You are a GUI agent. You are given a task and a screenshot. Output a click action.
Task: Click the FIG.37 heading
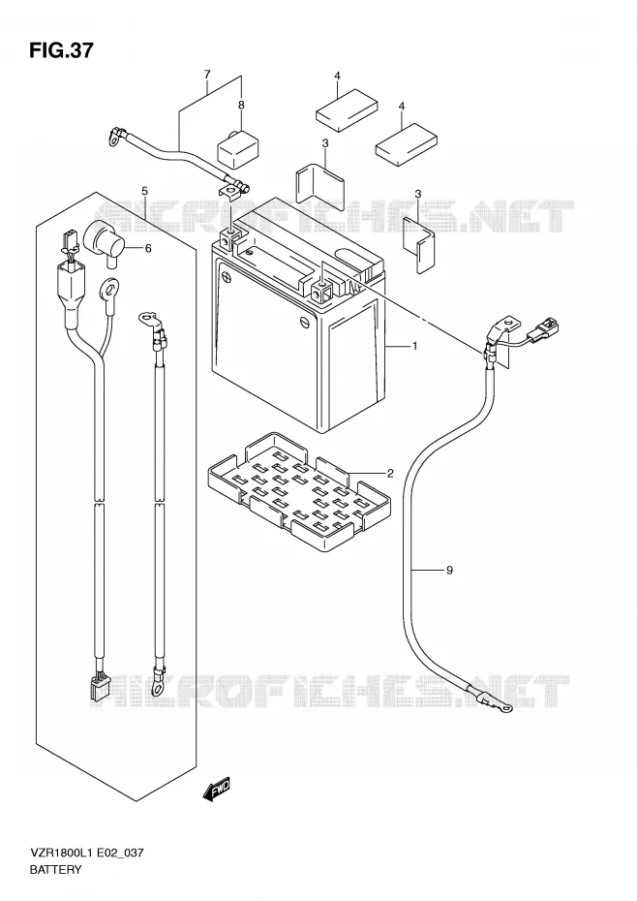pos(60,50)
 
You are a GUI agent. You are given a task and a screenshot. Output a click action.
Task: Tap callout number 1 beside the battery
pos(414,346)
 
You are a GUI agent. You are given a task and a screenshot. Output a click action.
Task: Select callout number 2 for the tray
pos(390,473)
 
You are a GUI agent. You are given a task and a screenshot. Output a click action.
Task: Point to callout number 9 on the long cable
pos(449,570)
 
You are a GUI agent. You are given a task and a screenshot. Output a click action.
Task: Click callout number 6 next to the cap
pos(147,248)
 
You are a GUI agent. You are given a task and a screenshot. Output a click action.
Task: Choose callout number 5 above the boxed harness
pos(145,190)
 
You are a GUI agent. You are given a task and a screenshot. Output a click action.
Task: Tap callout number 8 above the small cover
pos(241,105)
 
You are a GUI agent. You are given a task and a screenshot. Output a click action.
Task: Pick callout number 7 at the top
pos(207,75)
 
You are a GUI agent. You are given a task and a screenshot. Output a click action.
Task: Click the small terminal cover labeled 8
pos(236,148)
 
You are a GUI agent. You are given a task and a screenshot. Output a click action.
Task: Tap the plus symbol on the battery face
pos(228,276)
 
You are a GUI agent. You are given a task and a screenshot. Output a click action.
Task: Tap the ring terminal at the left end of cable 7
pos(115,136)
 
